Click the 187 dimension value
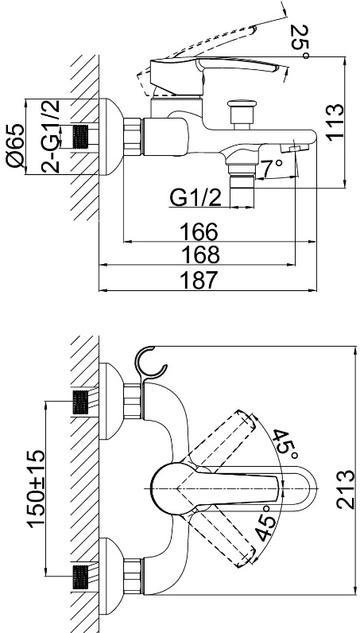(x=199, y=280)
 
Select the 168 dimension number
(x=200, y=254)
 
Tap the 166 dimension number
(x=199, y=232)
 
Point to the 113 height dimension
(x=335, y=122)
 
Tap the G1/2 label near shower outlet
(x=195, y=198)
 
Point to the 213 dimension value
(x=346, y=489)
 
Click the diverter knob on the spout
(x=242, y=115)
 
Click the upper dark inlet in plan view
(x=80, y=402)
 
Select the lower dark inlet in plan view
(x=80, y=577)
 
